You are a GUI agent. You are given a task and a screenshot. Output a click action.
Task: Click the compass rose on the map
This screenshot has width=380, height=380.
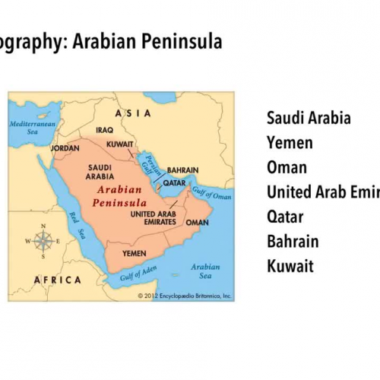point(43,242)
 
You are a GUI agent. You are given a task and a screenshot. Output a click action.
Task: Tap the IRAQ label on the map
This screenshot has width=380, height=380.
point(106,131)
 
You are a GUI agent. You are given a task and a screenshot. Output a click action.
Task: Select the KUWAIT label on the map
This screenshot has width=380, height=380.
point(120,143)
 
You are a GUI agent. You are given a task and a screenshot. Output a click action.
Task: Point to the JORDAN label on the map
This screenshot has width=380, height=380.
point(65,149)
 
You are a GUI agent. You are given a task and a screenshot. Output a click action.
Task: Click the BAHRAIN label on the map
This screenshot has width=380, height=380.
point(182,170)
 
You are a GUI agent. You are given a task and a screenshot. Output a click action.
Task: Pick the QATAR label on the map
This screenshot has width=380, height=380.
point(174,183)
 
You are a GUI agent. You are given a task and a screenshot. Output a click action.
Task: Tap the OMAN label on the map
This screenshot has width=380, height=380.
point(197,223)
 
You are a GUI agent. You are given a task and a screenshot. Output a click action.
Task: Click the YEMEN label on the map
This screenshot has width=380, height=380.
point(134,253)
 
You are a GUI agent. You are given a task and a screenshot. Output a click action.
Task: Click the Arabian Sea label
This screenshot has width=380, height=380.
point(204,271)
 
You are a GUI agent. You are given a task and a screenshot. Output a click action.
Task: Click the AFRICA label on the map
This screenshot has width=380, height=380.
point(57,280)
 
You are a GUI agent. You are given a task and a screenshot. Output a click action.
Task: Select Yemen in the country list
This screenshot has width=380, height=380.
point(290,143)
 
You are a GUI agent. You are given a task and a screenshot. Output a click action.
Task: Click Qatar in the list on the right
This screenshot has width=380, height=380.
point(285,217)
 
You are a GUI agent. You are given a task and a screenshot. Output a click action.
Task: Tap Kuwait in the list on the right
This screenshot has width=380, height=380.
point(290,266)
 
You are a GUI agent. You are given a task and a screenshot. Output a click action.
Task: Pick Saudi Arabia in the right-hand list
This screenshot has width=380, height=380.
point(309,118)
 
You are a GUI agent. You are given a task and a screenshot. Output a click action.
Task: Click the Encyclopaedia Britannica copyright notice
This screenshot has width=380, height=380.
point(185,295)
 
